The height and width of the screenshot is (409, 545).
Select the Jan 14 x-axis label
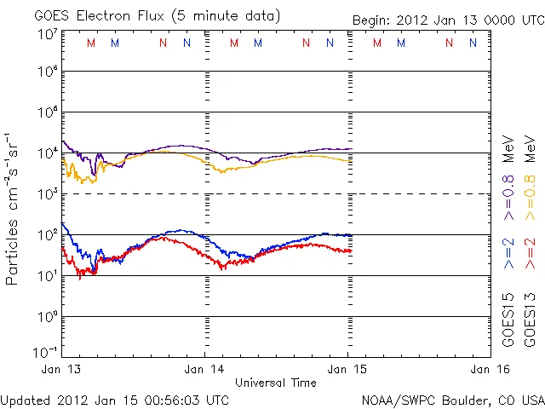(205, 369)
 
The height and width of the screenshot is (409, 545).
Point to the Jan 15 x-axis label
(346, 369)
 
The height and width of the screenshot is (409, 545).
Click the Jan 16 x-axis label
(486, 369)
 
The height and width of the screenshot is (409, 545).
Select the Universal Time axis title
(275, 383)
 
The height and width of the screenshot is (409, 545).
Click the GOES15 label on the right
(509, 320)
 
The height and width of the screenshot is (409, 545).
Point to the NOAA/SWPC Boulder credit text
(452, 400)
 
